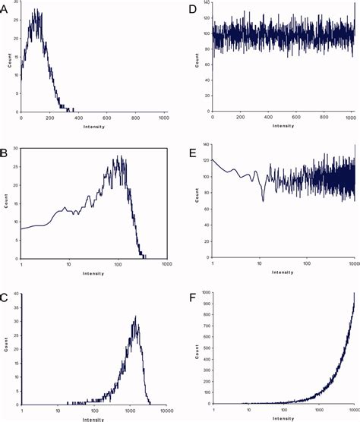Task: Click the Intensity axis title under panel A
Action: pos(93,126)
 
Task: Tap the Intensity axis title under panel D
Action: pos(282,126)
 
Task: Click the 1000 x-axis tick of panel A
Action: pos(164,118)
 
